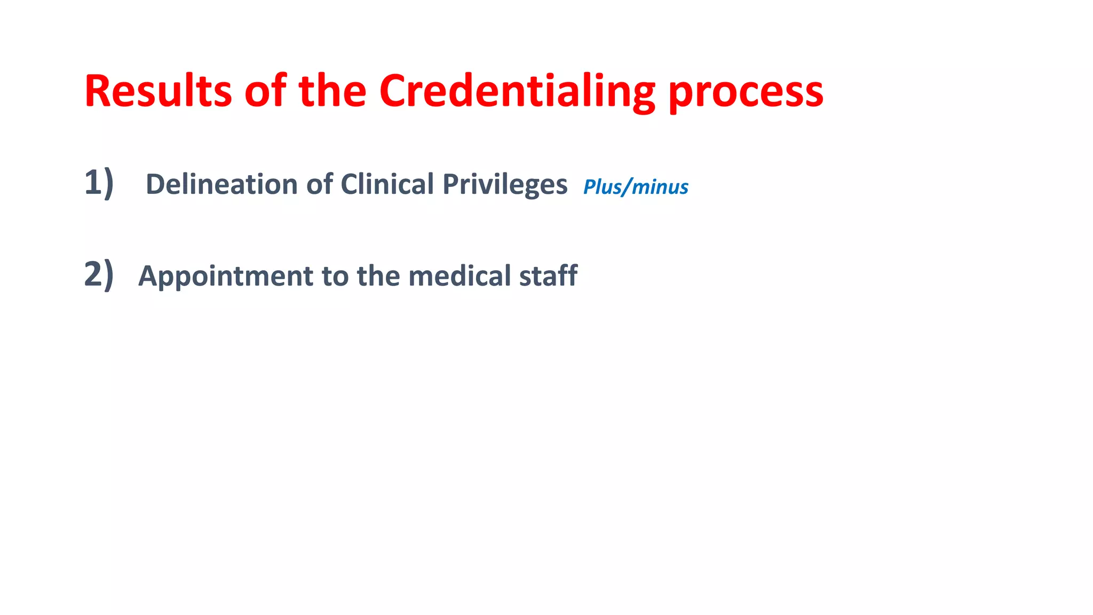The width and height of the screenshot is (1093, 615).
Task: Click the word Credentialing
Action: (517, 92)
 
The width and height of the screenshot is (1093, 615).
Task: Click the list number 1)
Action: (99, 183)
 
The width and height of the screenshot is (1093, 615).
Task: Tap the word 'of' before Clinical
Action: (319, 184)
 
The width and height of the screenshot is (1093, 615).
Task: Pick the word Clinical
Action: (387, 184)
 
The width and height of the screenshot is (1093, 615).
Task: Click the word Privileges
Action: (505, 185)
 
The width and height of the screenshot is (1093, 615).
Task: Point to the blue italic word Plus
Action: (602, 187)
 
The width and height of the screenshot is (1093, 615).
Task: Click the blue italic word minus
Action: (660, 187)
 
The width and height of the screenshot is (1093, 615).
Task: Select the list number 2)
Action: (99, 274)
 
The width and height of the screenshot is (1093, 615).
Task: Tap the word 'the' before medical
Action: (378, 276)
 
